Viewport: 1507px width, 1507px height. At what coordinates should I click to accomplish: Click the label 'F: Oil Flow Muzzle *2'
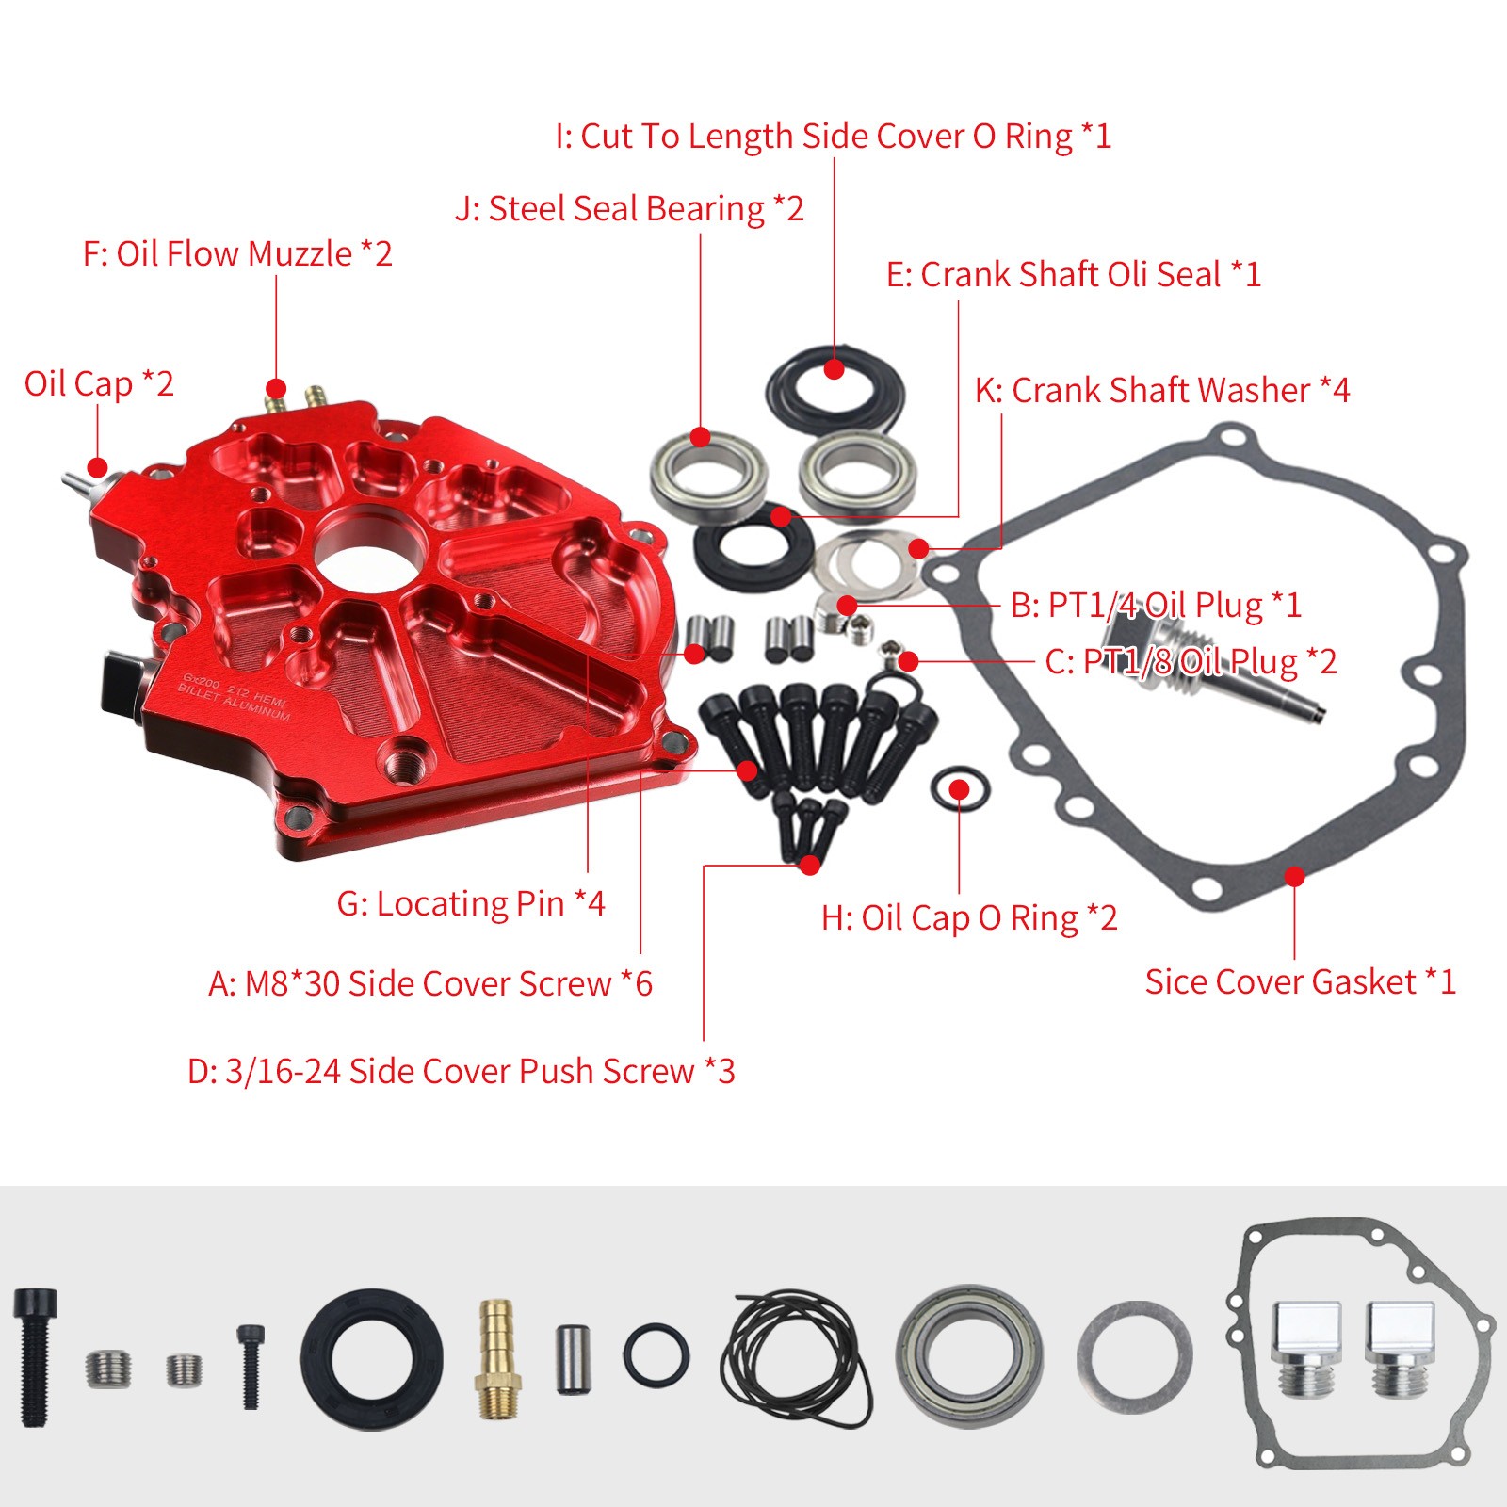pyautogui.click(x=237, y=254)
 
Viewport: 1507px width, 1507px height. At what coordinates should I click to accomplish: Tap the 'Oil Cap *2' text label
pyautogui.click(x=99, y=384)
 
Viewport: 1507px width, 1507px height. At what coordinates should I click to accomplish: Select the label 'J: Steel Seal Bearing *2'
pyautogui.click(x=629, y=209)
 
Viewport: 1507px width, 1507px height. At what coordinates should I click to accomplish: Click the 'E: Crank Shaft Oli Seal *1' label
pyautogui.click(x=1073, y=275)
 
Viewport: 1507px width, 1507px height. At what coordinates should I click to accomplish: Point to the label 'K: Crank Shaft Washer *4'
pyautogui.click(x=1161, y=390)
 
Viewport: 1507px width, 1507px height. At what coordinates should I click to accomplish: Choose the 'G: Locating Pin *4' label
pyautogui.click(x=471, y=904)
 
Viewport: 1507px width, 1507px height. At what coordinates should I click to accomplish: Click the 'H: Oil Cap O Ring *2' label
pyautogui.click(x=969, y=918)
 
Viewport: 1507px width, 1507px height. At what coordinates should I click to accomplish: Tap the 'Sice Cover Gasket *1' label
pyautogui.click(x=1300, y=982)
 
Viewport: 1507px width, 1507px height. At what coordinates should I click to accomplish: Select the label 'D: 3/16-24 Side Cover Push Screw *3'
pyautogui.click(x=461, y=1072)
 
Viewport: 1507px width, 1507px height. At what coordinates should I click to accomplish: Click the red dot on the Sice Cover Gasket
pyautogui.click(x=1295, y=877)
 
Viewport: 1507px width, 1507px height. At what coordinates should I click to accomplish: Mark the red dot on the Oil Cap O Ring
pyautogui.click(x=959, y=788)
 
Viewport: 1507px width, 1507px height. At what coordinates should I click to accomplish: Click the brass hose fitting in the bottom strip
pyautogui.click(x=496, y=1359)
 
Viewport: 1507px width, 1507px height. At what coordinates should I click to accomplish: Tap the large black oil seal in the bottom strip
pyautogui.click(x=372, y=1359)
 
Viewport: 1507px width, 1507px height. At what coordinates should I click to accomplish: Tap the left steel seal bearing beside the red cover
pyautogui.click(x=707, y=476)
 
